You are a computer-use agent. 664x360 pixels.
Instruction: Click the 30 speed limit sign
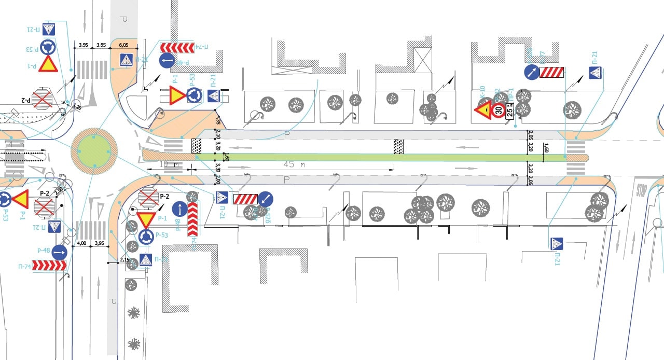tap(499, 110)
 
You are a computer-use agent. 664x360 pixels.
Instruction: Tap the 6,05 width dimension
tap(124, 45)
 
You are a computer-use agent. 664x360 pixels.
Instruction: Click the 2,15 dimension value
tap(125, 259)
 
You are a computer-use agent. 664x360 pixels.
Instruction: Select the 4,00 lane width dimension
tap(81, 243)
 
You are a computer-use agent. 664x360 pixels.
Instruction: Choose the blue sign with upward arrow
tap(179, 209)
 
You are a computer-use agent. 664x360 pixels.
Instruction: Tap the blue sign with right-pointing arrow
tap(59, 253)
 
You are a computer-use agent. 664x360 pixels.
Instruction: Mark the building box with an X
tap(422, 59)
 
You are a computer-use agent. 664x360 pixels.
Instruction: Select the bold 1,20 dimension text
tap(76, 107)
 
